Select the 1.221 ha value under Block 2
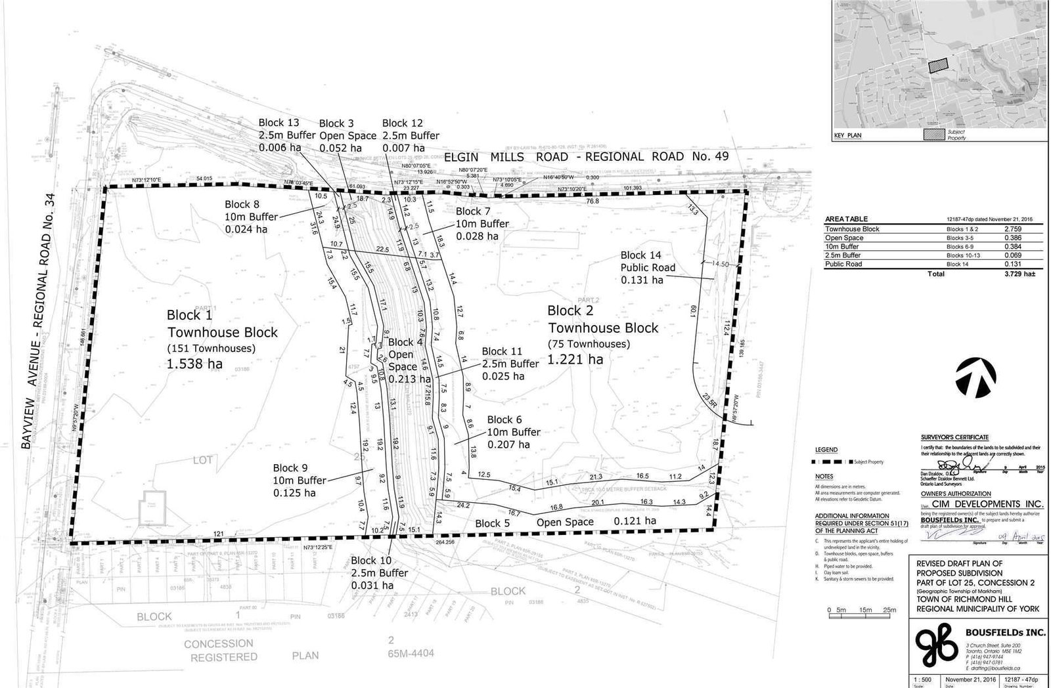tap(575, 359)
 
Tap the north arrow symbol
tap(976, 379)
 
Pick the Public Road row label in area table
tap(843, 264)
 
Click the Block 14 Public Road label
tap(648, 267)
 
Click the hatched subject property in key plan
tap(938, 64)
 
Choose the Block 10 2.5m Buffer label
tap(379, 573)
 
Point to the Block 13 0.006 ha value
tap(280, 148)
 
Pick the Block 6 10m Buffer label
tap(514, 432)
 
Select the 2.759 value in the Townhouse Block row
tap(1012, 229)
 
